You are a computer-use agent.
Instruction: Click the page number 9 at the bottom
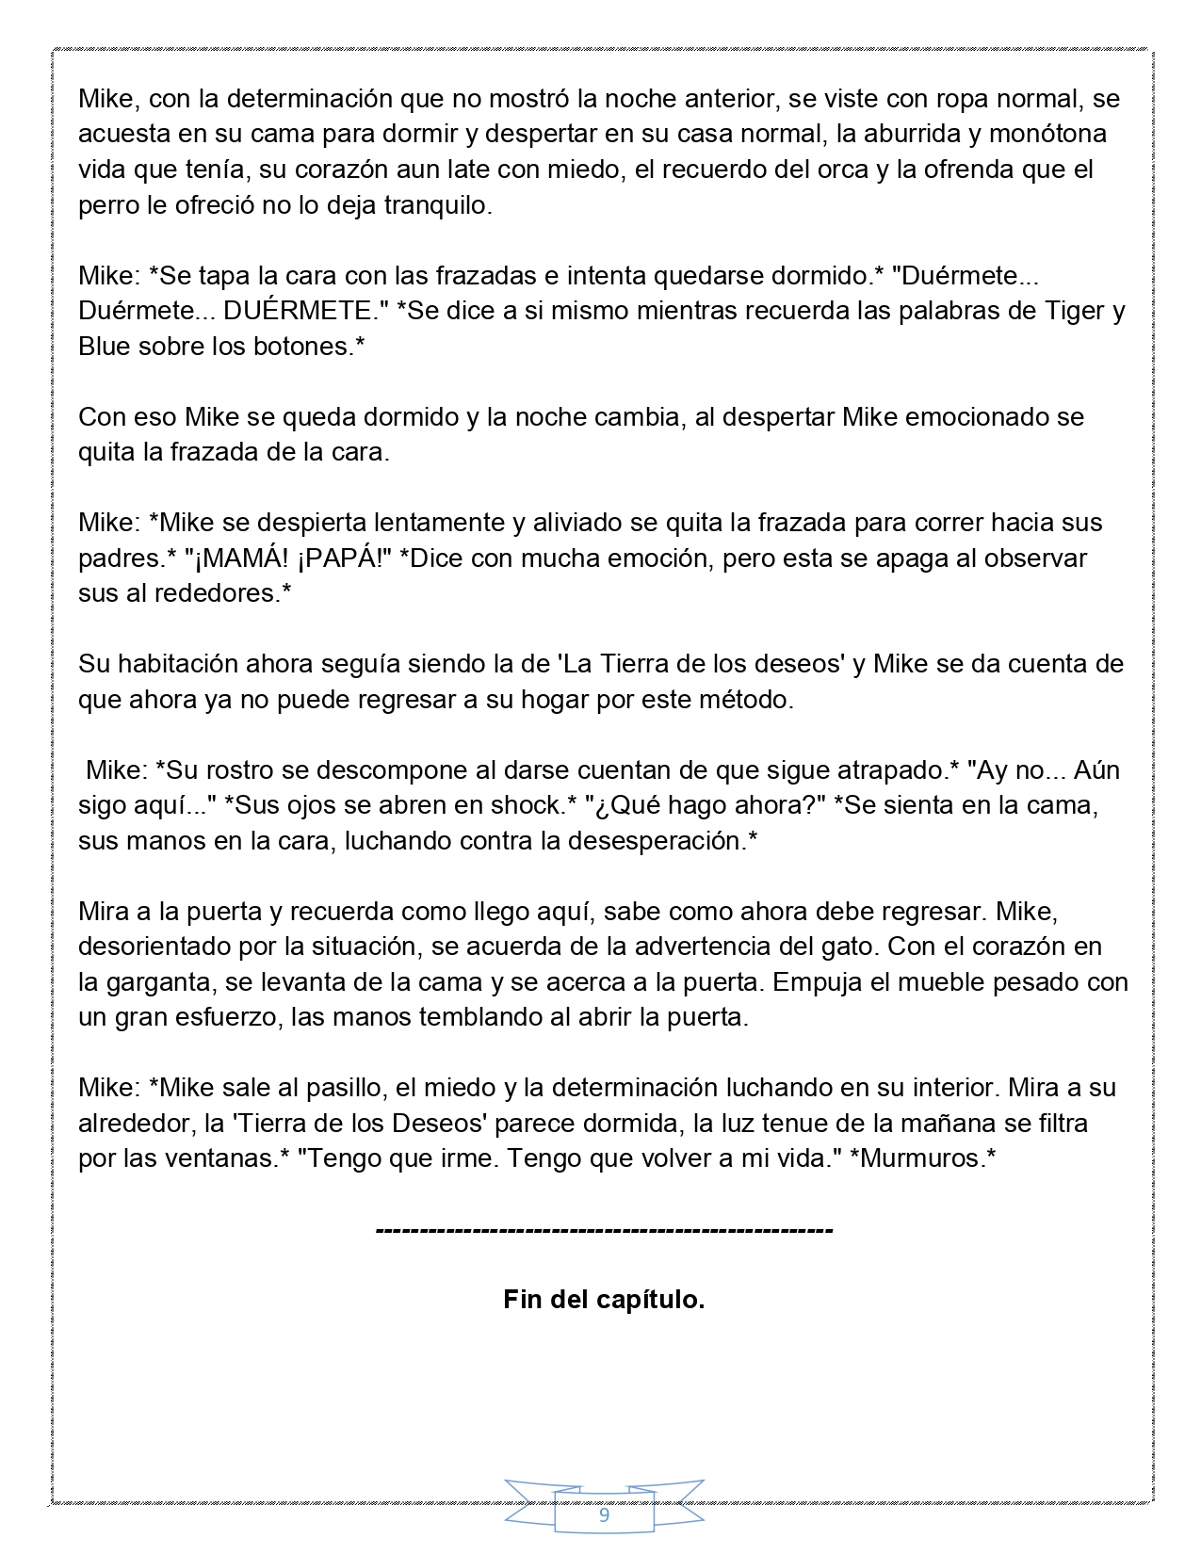click(604, 1515)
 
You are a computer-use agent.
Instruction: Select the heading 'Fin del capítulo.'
click(604, 1300)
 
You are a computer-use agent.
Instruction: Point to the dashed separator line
click(604, 1230)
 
